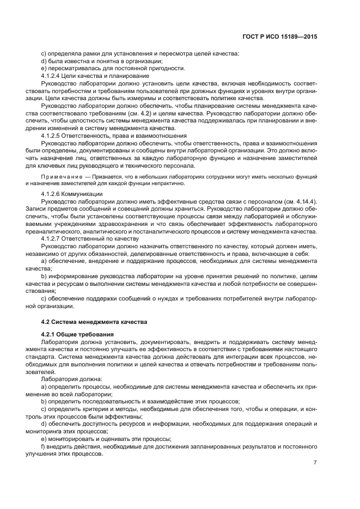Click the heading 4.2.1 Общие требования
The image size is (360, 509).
pyautogui.click(x=77, y=333)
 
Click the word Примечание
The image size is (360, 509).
pyautogui.click(x=59, y=177)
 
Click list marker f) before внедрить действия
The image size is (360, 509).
pyautogui.click(x=44, y=446)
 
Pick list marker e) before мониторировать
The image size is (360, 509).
pyautogui.click(x=44, y=439)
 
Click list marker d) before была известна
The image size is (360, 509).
pyautogui.click(x=44, y=61)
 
